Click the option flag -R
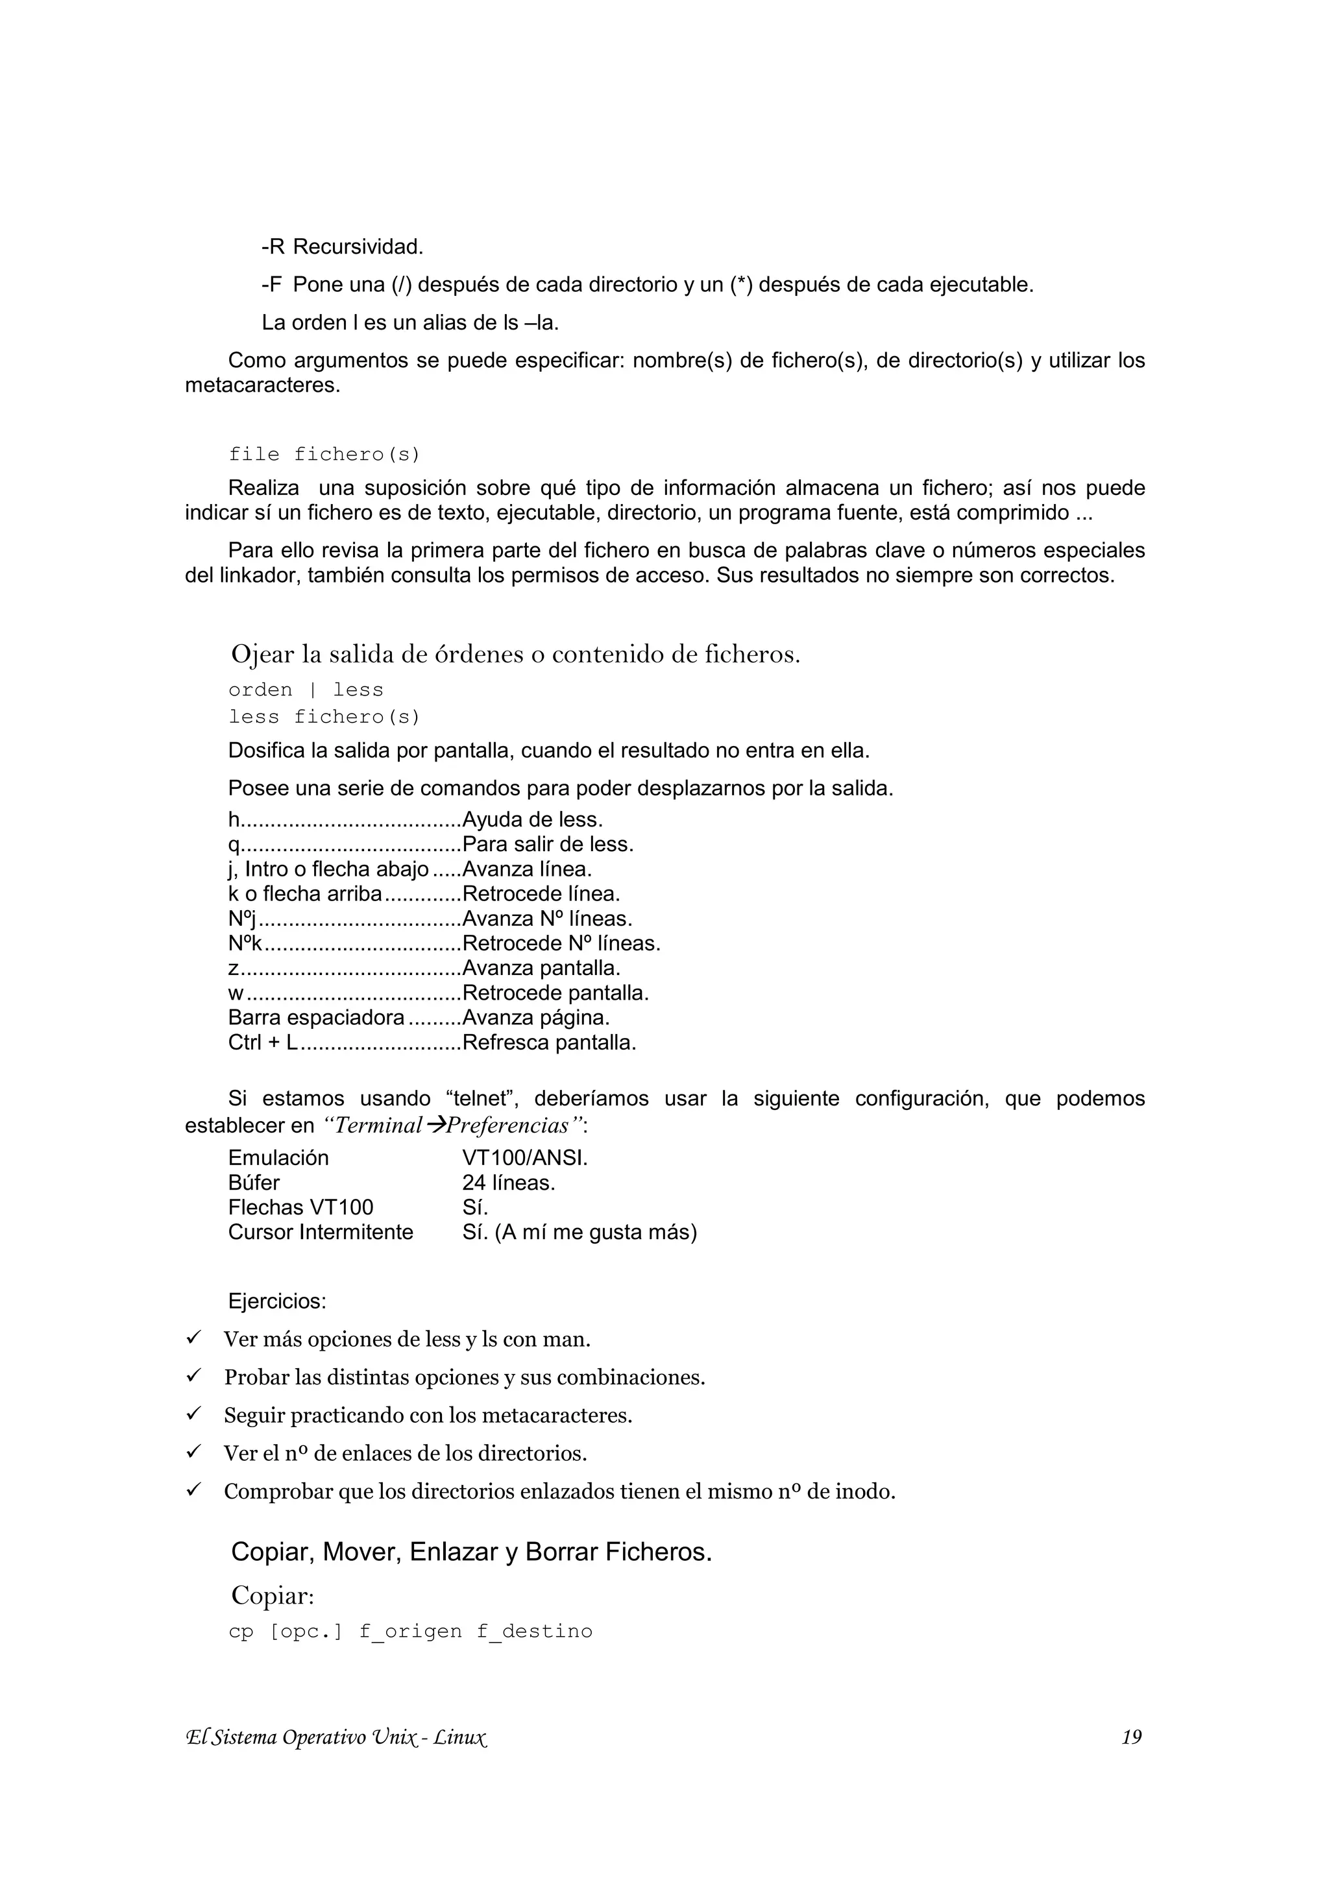click(x=273, y=247)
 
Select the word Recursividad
click(x=358, y=247)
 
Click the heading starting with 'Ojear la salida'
click(x=515, y=654)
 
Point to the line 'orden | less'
click(x=306, y=690)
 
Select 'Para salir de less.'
click(x=548, y=844)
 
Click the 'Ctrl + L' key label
click(x=262, y=1043)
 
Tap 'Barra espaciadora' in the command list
click(x=315, y=1018)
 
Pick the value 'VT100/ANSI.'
click(x=525, y=1158)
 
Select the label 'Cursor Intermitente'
click(x=320, y=1233)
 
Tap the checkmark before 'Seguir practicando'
click(x=194, y=1414)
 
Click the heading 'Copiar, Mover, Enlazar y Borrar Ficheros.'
click(x=471, y=1552)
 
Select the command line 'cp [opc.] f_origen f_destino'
click(x=410, y=1631)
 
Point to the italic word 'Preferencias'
click(x=507, y=1126)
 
